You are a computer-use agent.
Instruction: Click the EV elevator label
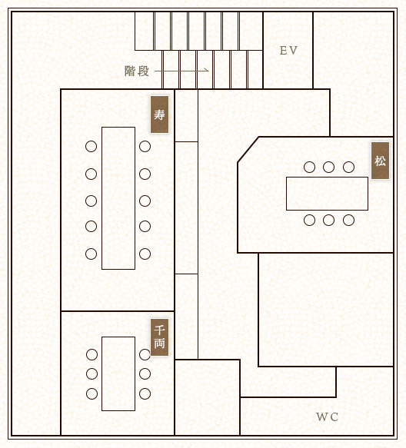[288, 51]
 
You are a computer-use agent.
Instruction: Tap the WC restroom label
[327, 416]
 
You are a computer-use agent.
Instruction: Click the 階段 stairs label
[137, 71]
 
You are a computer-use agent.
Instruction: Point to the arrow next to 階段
[181, 70]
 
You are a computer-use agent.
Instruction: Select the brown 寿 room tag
[159, 114]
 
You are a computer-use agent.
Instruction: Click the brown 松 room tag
[381, 161]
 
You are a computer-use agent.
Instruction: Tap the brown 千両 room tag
[159, 337]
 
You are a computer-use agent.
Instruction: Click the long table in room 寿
[118, 198]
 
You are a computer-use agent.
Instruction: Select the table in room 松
[327, 194]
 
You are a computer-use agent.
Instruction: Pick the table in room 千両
[118, 373]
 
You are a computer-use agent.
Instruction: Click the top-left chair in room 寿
[92, 147]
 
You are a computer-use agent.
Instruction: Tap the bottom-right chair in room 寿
[145, 254]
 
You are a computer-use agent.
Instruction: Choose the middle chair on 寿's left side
[92, 201]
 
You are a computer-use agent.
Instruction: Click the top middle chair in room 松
[329, 168]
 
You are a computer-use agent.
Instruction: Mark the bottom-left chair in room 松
[310, 221]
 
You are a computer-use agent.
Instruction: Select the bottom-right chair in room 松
[349, 221]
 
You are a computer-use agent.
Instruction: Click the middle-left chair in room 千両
[92, 373]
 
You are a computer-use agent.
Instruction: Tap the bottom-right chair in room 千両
[145, 393]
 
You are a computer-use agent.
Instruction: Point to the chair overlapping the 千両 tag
[145, 354]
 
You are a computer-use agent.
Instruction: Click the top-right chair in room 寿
[145, 147]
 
